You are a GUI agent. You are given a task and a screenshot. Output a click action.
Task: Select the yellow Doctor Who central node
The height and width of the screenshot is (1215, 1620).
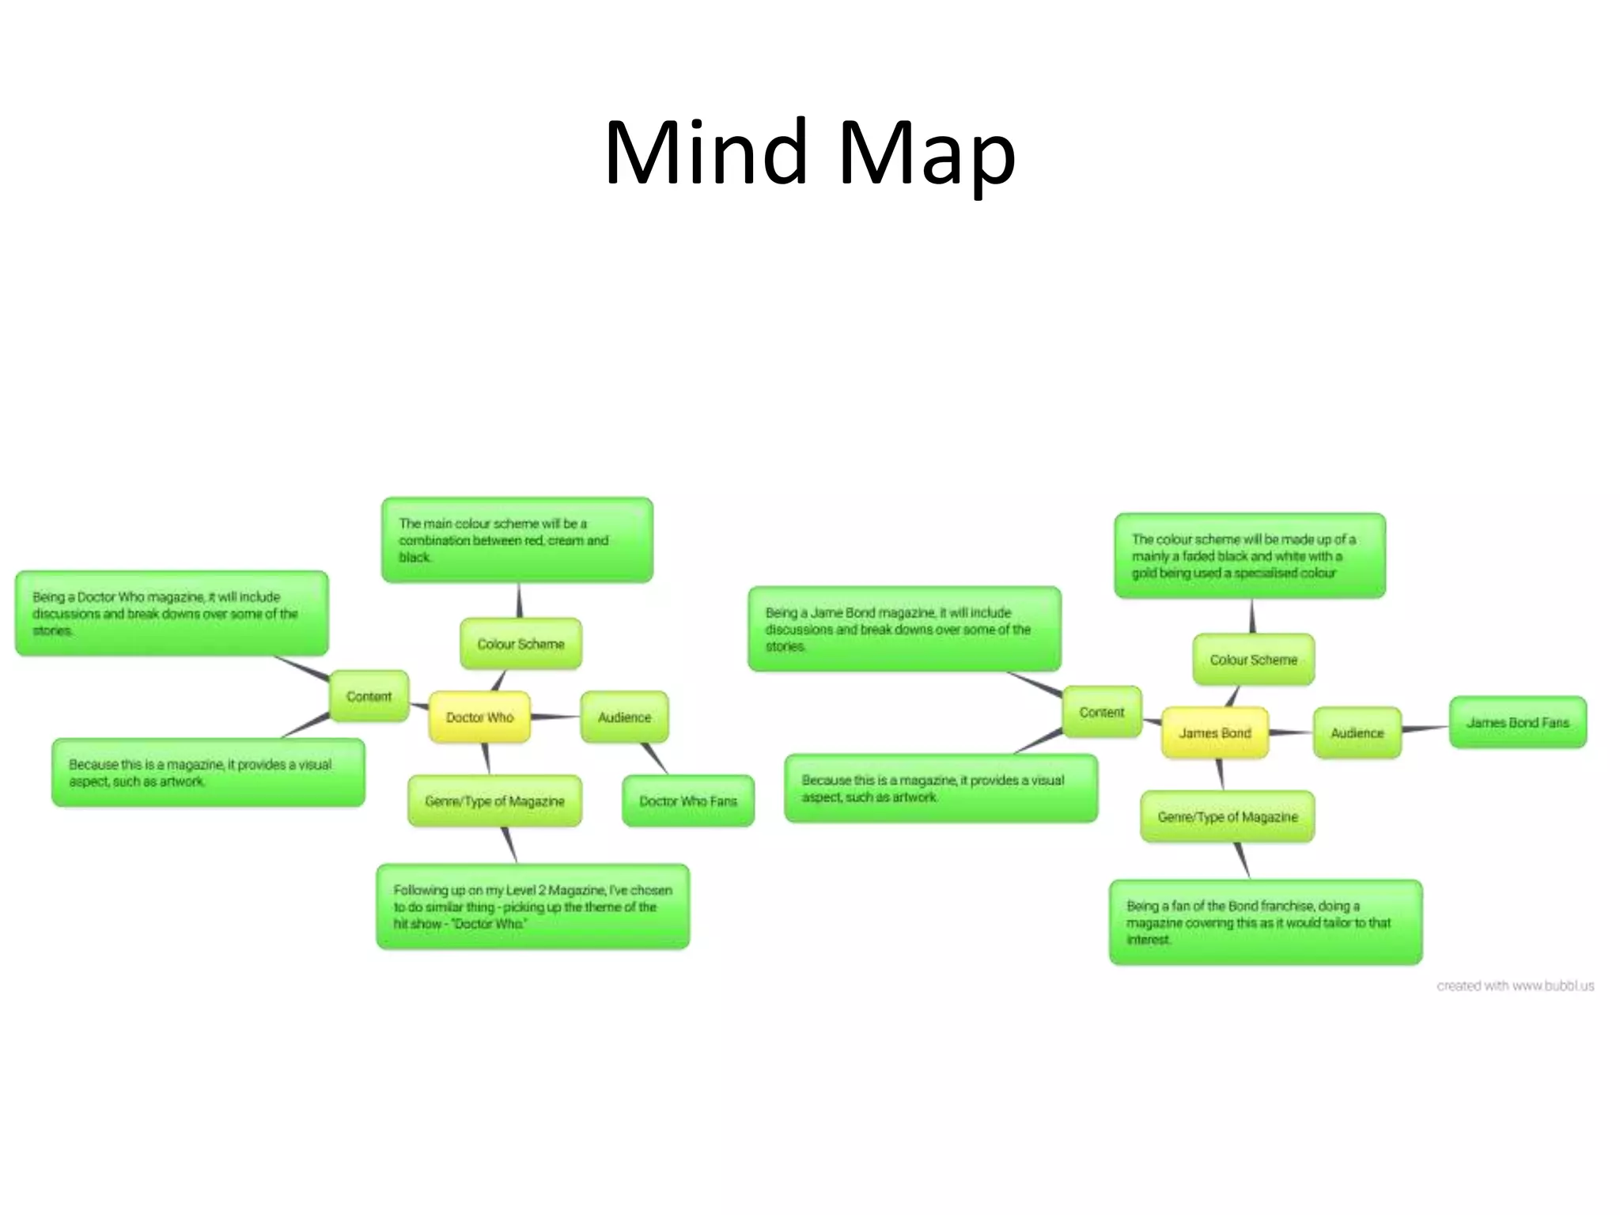pyautogui.click(x=479, y=717)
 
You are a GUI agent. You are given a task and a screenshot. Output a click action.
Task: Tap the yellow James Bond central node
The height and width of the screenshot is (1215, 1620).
pyautogui.click(x=1214, y=733)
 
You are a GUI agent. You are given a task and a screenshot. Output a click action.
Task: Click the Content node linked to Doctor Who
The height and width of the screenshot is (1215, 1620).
pyautogui.click(x=369, y=696)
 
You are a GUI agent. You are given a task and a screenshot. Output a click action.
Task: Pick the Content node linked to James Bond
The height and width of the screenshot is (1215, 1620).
pyautogui.click(x=1101, y=712)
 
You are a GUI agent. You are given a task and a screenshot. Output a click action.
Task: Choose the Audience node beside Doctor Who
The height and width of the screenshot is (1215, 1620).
pyautogui.click(x=624, y=717)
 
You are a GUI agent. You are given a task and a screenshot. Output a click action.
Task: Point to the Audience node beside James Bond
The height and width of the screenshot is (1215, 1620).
pyautogui.click(x=1357, y=733)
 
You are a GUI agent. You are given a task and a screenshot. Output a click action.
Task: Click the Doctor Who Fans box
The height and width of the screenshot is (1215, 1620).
pyautogui.click(x=688, y=801)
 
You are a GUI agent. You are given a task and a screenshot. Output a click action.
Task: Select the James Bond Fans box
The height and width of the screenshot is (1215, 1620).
pyautogui.click(x=1517, y=722)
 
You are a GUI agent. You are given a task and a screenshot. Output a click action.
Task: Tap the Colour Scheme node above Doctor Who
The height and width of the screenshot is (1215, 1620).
pyautogui.click(x=520, y=644)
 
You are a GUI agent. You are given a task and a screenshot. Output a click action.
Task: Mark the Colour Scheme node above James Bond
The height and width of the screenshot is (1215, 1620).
pyautogui.click(x=1253, y=660)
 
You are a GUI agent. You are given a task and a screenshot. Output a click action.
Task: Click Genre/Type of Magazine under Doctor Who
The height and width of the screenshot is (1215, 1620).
pyautogui.click(x=494, y=801)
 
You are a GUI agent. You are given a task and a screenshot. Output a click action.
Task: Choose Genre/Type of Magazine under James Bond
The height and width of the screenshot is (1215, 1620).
pyautogui.click(x=1227, y=817)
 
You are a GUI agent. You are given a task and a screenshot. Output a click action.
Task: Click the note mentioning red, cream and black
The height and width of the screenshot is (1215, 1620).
pyautogui.click(x=517, y=540)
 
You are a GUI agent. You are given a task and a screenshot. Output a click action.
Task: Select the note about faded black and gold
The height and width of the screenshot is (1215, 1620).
pyautogui.click(x=1250, y=556)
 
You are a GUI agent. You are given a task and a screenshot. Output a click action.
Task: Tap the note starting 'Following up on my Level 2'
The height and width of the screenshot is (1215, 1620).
pyautogui.click(x=532, y=907)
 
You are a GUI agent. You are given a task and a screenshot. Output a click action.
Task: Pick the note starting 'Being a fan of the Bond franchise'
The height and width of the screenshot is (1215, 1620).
pyautogui.click(x=1265, y=922)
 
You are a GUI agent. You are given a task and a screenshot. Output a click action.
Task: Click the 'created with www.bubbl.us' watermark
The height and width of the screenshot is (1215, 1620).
pyautogui.click(x=1515, y=986)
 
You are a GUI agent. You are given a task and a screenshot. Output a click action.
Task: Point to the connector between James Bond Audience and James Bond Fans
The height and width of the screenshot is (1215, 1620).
pyautogui.click(x=1425, y=728)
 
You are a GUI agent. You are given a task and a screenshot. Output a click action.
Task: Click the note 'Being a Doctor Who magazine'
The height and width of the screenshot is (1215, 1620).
pyautogui.click(x=172, y=614)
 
